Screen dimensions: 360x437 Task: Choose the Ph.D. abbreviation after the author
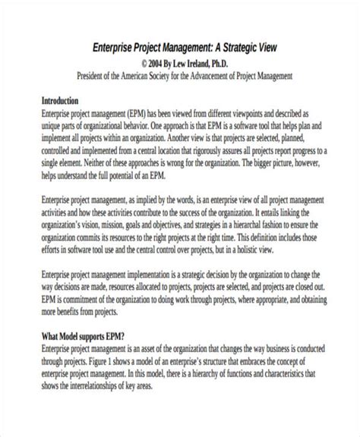(x=231, y=64)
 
